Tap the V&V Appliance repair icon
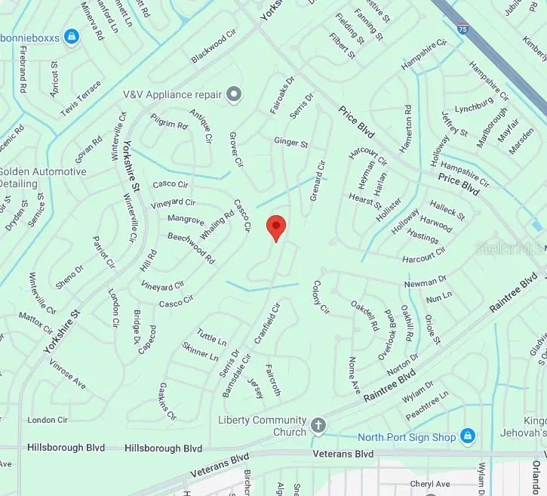pyautogui.click(x=235, y=94)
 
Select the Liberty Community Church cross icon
pyautogui.click(x=318, y=424)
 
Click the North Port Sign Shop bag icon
pyautogui.click(x=468, y=436)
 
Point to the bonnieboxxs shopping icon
pyautogui.click(x=72, y=35)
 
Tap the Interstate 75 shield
pyautogui.click(x=461, y=29)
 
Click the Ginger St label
pyautogui.click(x=291, y=142)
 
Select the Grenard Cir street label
pyautogui.click(x=318, y=179)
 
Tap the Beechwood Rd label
pyautogui.click(x=192, y=248)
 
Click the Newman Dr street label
pyautogui.click(x=425, y=282)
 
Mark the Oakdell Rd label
pyautogui.click(x=364, y=315)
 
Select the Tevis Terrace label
pyautogui.click(x=81, y=99)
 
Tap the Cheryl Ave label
pyautogui.click(x=429, y=484)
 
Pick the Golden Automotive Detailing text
pyautogui.click(x=43, y=177)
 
